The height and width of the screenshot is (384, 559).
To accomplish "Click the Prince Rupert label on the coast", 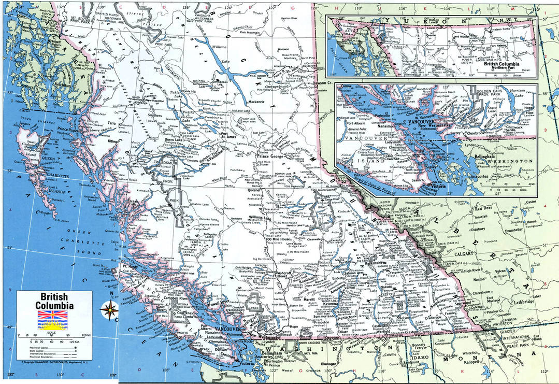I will click(70, 129).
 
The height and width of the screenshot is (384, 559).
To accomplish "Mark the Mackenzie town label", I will click(260, 103).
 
